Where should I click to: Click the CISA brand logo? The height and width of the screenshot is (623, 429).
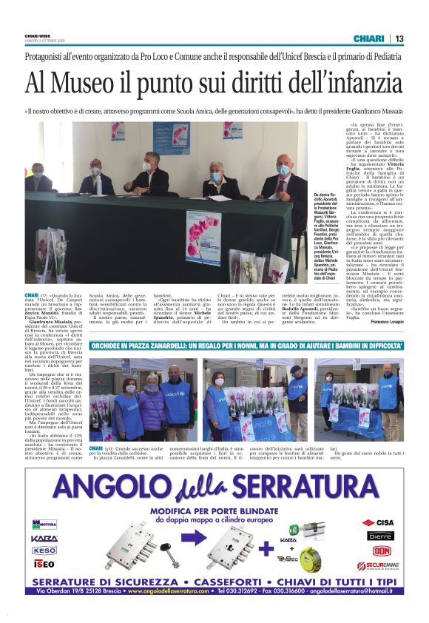(382, 522)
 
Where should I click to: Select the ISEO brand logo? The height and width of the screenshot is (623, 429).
(44, 564)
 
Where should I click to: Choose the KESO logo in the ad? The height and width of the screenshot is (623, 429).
(44, 550)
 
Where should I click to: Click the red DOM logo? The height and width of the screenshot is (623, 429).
(382, 550)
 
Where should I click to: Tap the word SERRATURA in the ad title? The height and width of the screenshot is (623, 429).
(310, 488)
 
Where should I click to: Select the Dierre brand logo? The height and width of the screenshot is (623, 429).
(382, 536)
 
